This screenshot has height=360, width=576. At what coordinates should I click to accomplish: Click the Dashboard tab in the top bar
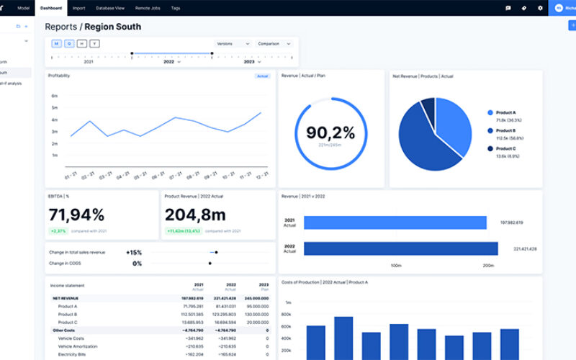tap(51, 8)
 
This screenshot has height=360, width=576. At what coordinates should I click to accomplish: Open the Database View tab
tap(110, 8)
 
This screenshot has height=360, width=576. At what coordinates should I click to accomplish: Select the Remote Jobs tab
tap(148, 8)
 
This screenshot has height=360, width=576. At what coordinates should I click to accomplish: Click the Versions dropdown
tap(232, 44)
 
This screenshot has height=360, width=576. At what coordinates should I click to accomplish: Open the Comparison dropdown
tap(274, 44)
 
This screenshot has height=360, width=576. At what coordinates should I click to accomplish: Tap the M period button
tap(55, 44)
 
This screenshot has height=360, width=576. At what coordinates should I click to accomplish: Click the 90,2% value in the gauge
tap(330, 132)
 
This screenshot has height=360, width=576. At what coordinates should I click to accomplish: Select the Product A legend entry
tap(505, 113)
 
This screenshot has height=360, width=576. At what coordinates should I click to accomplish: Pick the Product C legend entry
tap(505, 148)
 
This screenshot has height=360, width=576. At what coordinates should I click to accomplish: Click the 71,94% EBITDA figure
tap(76, 214)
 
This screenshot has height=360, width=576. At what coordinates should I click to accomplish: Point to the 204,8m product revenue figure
tap(195, 214)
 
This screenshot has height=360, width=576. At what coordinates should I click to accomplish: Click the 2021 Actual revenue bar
tap(395, 222)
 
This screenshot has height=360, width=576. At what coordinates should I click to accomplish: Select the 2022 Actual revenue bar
tap(400, 248)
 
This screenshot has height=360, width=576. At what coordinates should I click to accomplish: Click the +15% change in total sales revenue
tap(133, 252)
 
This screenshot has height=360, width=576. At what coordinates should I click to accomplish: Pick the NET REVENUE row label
tap(66, 298)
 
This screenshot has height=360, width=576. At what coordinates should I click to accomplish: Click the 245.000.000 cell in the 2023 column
tap(256, 298)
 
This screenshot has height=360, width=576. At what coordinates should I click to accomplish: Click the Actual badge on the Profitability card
tap(263, 76)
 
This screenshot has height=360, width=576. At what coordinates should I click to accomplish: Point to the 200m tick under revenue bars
tap(488, 266)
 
